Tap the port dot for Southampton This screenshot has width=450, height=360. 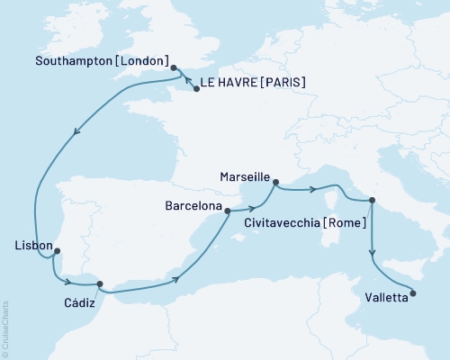(x=174, y=67)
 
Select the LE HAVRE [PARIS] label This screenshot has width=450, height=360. (x=255, y=84)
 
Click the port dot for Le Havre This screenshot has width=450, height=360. (x=196, y=89)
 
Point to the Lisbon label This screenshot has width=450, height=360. (x=31, y=244)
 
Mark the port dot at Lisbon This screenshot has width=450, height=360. (x=58, y=251)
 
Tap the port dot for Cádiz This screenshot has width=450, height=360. (x=101, y=283)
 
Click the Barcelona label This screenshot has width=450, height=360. (x=193, y=206)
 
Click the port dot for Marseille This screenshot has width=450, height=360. (x=275, y=181)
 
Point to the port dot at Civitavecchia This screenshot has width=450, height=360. (x=373, y=201)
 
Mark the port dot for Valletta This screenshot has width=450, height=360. (x=413, y=291)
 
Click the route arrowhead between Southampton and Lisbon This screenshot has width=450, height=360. (x=76, y=132)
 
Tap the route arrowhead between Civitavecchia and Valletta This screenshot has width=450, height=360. (x=373, y=255)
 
